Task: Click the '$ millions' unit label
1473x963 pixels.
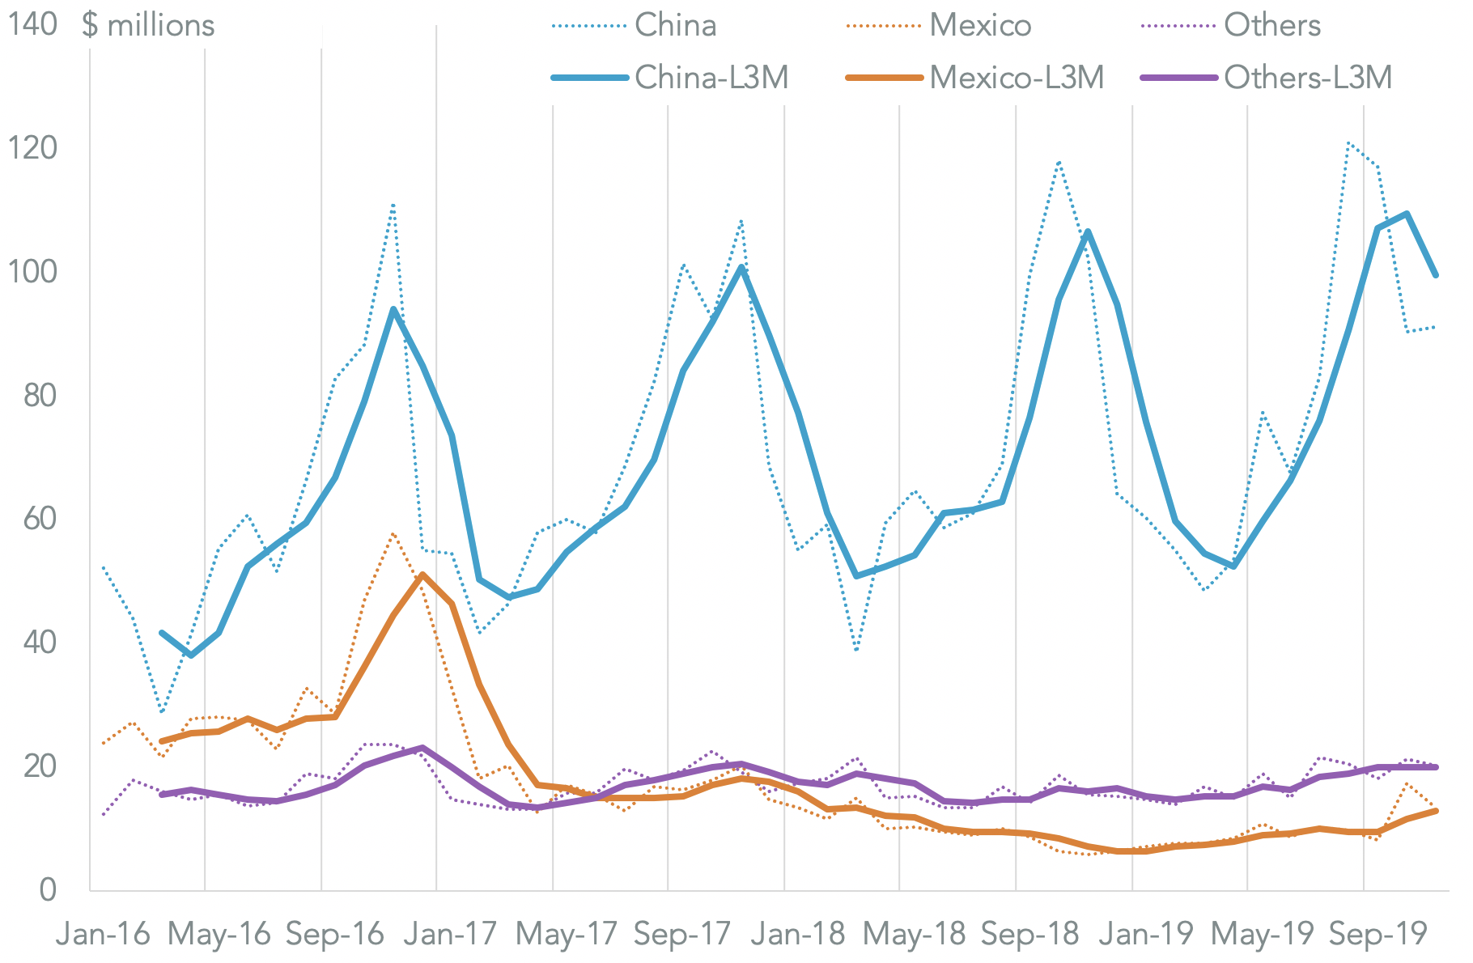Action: tap(148, 26)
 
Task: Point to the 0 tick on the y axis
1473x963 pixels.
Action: tap(48, 889)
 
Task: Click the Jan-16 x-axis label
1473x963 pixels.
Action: tap(103, 935)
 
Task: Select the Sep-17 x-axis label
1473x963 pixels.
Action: tap(682, 935)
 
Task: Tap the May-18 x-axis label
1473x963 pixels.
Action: tap(914, 935)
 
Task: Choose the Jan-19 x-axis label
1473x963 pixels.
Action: tap(1146, 935)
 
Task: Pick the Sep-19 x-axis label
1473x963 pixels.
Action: tap(1377, 935)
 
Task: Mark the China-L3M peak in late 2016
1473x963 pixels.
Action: tap(393, 310)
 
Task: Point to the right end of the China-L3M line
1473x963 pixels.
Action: tap(1435, 275)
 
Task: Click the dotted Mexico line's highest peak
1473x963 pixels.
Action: tap(393, 533)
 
